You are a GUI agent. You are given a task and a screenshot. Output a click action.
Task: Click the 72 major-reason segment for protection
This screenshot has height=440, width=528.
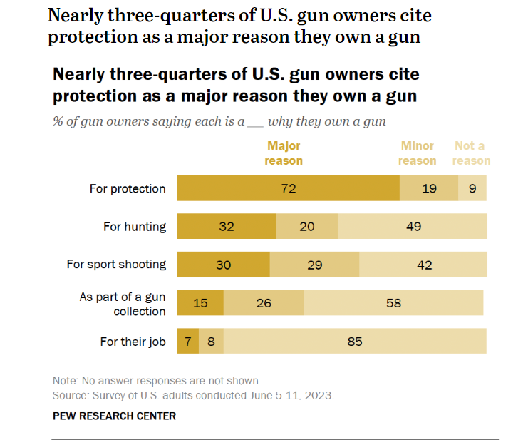288,189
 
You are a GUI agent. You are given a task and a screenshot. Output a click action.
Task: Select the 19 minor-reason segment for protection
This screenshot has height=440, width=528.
428,189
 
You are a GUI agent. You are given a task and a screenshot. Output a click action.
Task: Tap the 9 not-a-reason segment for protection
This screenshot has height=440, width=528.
472,189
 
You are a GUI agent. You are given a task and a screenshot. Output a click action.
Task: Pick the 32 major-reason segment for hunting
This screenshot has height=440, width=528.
226,227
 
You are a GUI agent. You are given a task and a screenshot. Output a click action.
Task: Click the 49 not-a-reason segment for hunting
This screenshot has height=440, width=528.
413,227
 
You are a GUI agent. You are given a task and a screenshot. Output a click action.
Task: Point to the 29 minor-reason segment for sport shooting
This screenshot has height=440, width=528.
314,265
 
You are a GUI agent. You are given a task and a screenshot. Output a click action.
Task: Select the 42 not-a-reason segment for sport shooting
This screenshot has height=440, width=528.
423,265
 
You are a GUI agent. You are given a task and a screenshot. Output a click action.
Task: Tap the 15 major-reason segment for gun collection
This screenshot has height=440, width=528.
200,303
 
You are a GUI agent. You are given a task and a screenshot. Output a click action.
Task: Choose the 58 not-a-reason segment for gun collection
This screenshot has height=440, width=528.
393,303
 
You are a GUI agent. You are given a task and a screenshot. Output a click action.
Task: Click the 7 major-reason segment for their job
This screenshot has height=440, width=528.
187,342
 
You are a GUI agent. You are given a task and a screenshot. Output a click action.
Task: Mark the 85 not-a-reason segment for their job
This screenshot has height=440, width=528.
355,342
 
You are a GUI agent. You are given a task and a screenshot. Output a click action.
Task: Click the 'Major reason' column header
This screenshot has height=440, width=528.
284,153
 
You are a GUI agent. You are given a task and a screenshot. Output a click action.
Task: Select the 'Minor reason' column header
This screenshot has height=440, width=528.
418,153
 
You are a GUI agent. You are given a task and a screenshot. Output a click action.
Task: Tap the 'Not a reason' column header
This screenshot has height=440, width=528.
471,153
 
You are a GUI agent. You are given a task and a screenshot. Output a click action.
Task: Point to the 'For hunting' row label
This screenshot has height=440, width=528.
135,227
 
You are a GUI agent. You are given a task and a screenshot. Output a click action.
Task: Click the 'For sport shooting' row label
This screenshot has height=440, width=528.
116,265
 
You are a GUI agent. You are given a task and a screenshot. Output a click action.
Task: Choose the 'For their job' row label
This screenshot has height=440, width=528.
133,342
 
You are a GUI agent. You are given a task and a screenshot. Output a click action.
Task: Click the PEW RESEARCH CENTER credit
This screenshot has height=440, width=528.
114,415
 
